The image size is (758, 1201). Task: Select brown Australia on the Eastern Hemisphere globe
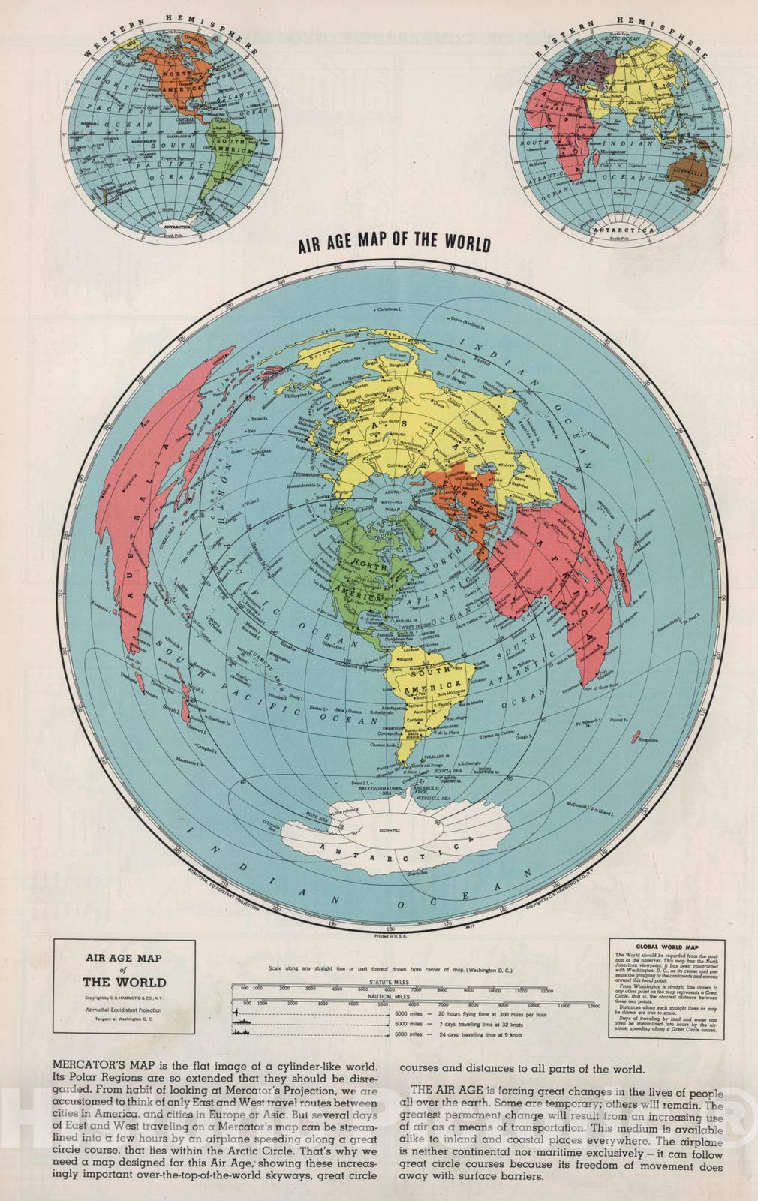684,167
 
